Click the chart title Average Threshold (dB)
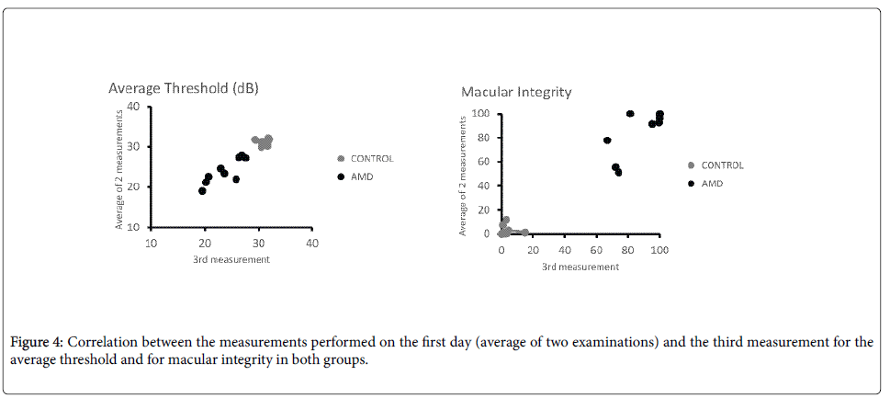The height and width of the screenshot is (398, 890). click(x=183, y=88)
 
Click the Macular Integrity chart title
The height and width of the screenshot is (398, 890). click(x=515, y=92)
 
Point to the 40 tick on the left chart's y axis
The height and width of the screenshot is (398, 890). click(x=134, y=106)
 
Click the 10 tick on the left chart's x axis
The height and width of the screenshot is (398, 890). click(x=151, y=243)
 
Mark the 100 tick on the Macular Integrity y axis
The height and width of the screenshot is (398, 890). click(x=480, y=114)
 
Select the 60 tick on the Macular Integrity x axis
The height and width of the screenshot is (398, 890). click(x=596, y=249)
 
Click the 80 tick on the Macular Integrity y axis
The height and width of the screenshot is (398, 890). click(x=483, y=138)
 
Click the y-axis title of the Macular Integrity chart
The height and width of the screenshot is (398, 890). click(x=465, y=175)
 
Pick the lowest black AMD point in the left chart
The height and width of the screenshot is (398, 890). click(x=202, y=191)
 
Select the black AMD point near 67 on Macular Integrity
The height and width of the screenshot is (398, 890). click(x=607, y=141)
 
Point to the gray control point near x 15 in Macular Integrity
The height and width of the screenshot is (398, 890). click(x=524, y=233)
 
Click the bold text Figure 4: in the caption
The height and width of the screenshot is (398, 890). click(x=36, y=343)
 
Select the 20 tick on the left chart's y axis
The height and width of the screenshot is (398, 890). click(x=134, y=187)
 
